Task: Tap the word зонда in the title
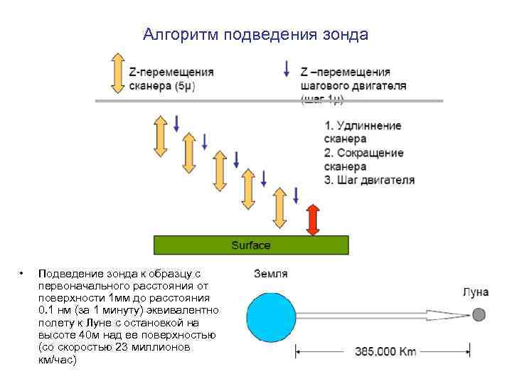[x=346, y=34]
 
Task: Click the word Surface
[x=251, y=245]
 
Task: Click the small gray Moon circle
[x=479, y=314]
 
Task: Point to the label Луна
[x=475, y=292]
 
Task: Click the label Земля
[x=271, y=274]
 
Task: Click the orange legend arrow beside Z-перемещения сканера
[x=117, y=73]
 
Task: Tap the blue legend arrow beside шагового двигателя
[x=286, y=69]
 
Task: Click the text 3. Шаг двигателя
[x=368, y=180]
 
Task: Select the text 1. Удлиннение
[x=363, y=126]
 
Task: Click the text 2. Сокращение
[x=363, y=153]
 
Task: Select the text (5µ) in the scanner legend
[x=183, y=86]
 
